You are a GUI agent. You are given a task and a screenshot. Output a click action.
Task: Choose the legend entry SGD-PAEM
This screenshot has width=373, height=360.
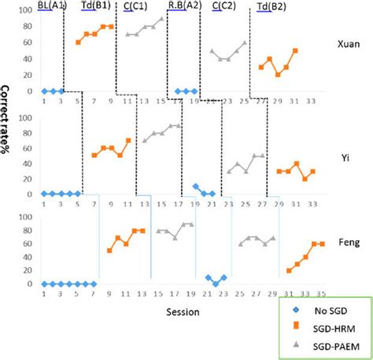pos(324,345)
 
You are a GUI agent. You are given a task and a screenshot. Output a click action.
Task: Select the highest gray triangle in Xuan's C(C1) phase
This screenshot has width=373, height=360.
pos(162,18)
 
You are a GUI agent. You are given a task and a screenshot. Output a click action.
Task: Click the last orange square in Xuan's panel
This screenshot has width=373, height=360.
pos(295,50)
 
